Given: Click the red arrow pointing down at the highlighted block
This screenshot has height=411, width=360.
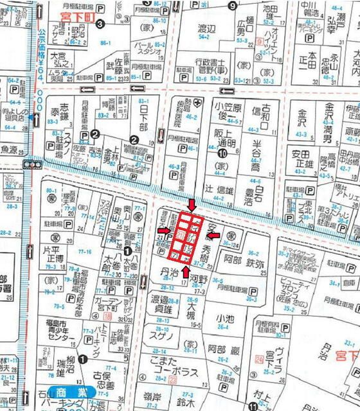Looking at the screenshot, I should (x=191, y=204).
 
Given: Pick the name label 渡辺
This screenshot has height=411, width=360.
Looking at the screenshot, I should (x=206, y=30).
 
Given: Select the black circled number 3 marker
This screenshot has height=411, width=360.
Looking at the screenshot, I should (x=100, y=24).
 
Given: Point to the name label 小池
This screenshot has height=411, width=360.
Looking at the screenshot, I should (x=226, y=318).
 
